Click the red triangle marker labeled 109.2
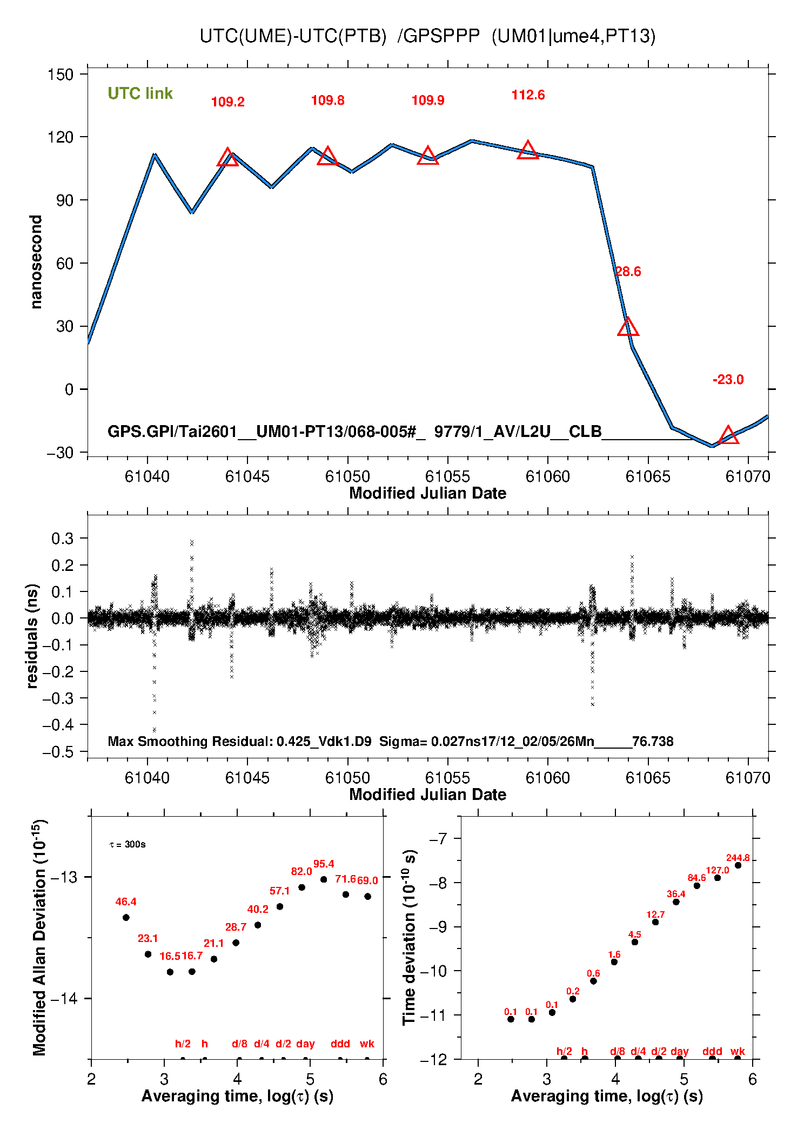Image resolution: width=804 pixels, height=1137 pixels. click(x=227, y=158)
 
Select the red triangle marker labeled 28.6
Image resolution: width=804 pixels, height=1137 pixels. click(x=628, y=327)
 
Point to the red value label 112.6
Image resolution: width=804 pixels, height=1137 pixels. click(x=528, y=95)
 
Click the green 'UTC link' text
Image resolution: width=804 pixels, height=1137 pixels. click(x=140, y=93)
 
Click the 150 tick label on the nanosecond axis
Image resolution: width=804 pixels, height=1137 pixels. click(x=60, y=75)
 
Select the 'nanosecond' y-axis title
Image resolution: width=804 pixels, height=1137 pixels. click(x=36, y=262)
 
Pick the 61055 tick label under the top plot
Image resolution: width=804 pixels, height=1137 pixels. click(x=447, y=476)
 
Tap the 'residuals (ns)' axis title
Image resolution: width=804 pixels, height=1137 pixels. click(x=32, y=636)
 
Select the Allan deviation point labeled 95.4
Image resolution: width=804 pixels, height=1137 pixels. click(x=324, y=879)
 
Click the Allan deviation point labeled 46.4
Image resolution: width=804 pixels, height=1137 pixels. click(x=126, y=917)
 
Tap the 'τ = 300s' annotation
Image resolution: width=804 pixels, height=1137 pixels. click(x=128, y=844)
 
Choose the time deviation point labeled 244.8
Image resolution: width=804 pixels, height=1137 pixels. click(x=738, y=865)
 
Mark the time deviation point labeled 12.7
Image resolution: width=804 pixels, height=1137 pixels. click(x=655, y=922)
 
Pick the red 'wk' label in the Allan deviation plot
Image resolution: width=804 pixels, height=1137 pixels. click(x=367, y=1044)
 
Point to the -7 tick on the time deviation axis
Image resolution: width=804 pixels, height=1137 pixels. click(x=438, y=839)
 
